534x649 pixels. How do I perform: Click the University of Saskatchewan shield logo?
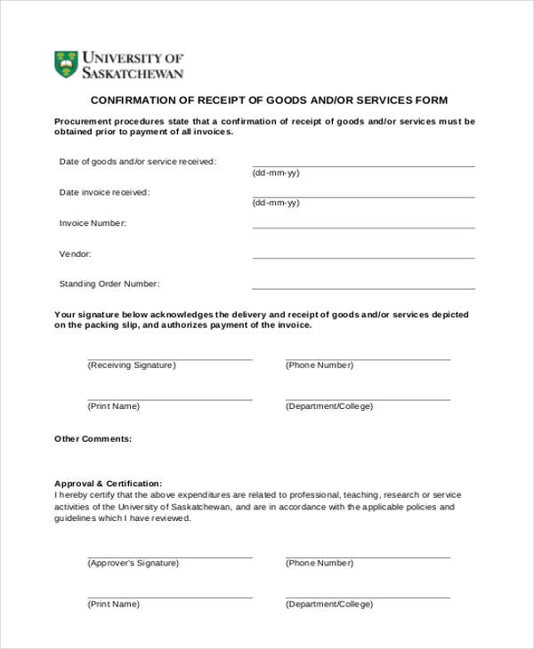tap(66, 64)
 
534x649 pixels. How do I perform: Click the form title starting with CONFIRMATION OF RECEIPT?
tap(269, 100)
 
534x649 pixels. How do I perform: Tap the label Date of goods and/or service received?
tap(137, 162)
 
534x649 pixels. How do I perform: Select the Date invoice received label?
tap(104, 192)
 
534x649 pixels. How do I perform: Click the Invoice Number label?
tap(93, 223)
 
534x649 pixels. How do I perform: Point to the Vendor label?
tap(75, 253)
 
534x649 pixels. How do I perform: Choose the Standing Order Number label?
tap(109, 284)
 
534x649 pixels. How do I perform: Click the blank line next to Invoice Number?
tap(363, 228)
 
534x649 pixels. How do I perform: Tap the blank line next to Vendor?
tap(363, 258)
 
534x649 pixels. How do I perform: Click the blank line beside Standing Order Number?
tap(363, 288)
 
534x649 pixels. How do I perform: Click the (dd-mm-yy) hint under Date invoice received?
tap(276, 203)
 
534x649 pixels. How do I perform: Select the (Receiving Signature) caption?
tap(132, 365)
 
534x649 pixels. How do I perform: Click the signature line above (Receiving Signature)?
tap(169, 359)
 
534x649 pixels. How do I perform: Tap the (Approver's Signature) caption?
tap(133, 563)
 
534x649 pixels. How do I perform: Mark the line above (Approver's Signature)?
tap(169, 557)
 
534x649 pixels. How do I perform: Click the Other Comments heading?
tap(93, 438)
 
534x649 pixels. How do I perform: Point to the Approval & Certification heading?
tap(108, 484)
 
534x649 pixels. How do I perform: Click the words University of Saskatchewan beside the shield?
tap(133, 65)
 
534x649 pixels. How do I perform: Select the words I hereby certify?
tap(84, 495)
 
